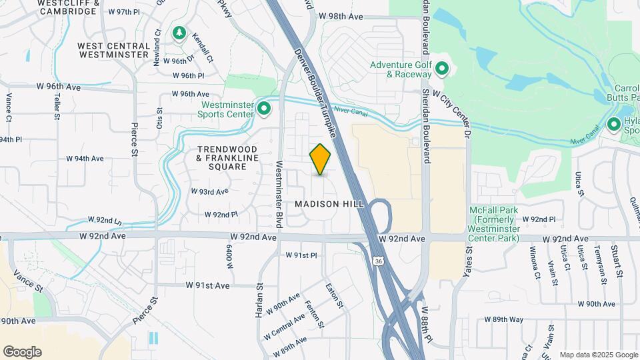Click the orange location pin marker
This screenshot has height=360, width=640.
(321, 159)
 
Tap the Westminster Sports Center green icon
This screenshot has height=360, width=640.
(264, 108)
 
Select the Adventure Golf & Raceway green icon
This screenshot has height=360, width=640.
(441, 69)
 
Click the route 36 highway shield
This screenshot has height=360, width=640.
(378, 260)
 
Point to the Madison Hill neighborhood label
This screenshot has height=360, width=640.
(329, 203)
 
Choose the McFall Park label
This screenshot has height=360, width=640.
(493, 224)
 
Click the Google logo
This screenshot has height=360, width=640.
(22, 351)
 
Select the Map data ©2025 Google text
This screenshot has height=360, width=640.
(598, 355)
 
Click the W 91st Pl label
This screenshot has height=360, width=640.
(301, 255)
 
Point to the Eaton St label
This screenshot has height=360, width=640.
(334, 296)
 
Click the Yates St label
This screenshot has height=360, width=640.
(469, 262)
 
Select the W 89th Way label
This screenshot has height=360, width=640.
(503, 319)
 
